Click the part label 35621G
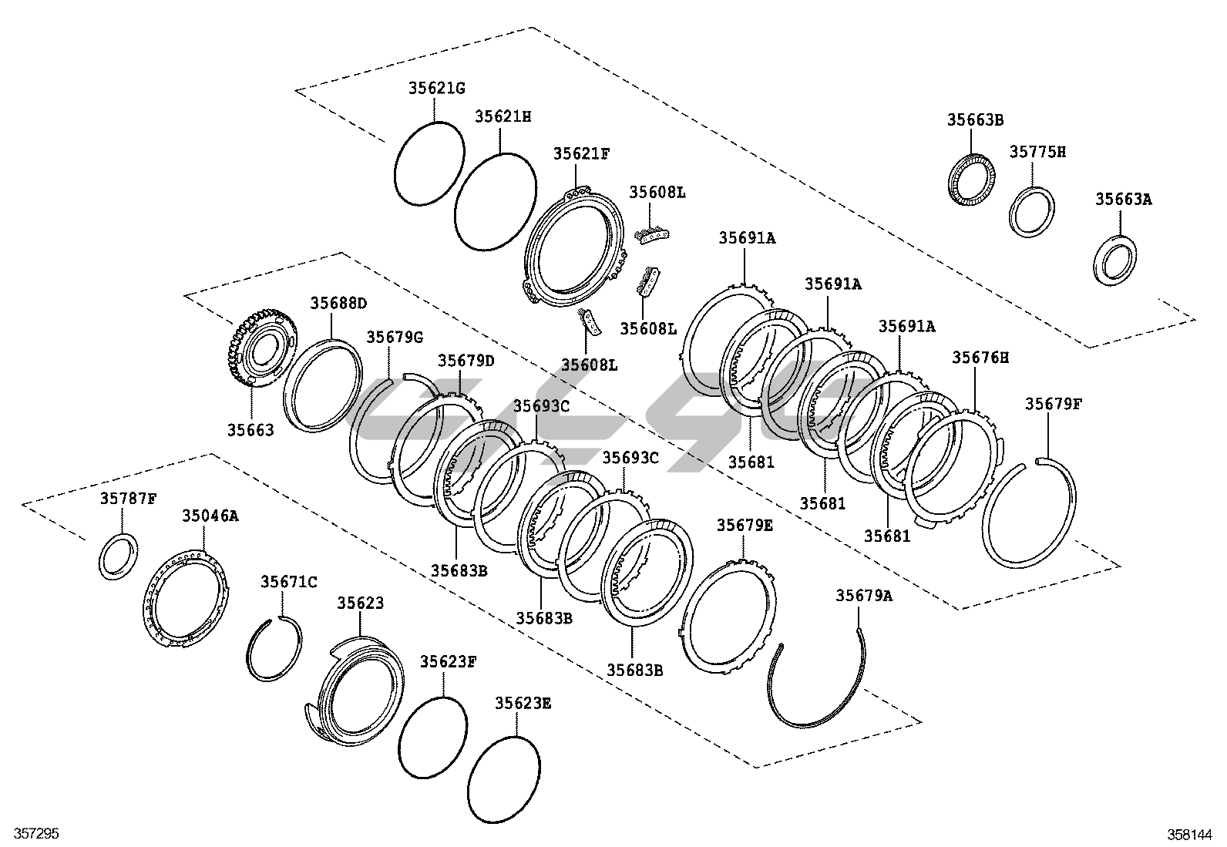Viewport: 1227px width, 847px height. (x=436, y=88)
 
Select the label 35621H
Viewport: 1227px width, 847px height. (x=503, y=116)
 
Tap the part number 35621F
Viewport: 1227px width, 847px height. (x=581, y=153)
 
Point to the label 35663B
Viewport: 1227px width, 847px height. (x=975, y=119)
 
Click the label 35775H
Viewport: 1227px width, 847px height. (x=1037, y=152)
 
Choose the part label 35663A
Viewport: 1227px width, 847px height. (x=1124, y=199)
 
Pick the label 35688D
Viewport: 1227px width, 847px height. (x=338, y=303)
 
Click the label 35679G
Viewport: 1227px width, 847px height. (x=395, y=337)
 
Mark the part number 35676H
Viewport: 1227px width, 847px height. (x=980, y=357)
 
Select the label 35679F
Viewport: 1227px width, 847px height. (x=1053, y=404)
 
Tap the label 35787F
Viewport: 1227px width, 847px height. (x=128, y=498)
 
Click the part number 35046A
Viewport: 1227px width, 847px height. (x=210, y=516)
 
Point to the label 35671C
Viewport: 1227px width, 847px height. (x=288, y=582)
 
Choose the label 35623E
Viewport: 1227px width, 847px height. (x=523, y=703)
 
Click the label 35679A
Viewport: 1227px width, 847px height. (x=864, y=595)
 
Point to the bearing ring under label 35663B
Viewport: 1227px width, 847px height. (x=970, y=180)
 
